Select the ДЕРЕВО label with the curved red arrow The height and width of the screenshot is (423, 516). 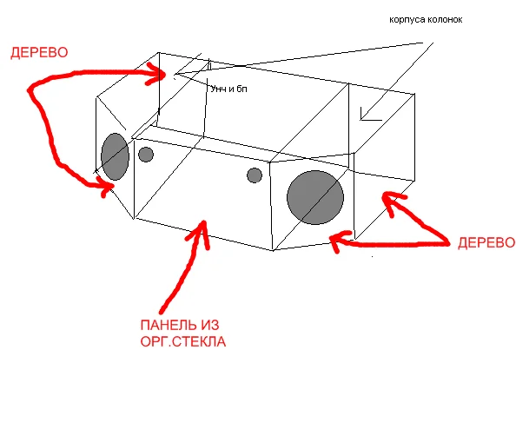tap(39, 53)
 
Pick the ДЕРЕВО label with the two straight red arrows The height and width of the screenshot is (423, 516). tap(486, 242)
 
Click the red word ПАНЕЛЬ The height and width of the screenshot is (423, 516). tap(169, 326)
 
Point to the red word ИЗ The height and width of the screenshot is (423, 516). tap(209, 326)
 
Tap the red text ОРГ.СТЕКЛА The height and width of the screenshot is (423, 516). tap(183, 341)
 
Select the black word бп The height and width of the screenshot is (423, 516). tap(241, 89)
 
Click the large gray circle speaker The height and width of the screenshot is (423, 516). tap(315, 197)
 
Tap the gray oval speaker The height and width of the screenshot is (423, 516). tap(115, 156)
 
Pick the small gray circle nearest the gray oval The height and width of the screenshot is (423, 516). tap(146, 155)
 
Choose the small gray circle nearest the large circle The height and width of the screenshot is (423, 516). tap(255, 175)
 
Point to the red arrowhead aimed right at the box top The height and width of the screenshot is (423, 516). tap(156, 74)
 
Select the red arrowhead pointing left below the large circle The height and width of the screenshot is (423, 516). tap(338, 241)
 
